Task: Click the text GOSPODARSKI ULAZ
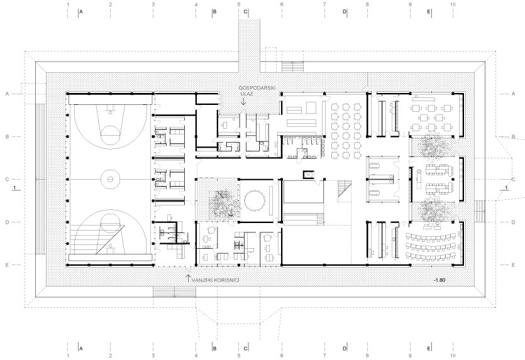click(x=257, y=90)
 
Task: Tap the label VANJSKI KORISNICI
click(x=215, y=280)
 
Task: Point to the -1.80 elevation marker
click(x=439, y=280)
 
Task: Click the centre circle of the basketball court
click(x=110, y=179)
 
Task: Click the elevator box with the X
click(x=307, y=174)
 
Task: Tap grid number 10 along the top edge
click(x=453, y=4)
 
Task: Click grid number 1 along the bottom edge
click(x=68, y=356)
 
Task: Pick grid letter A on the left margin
click(x=7, y=94)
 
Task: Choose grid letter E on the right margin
click(x=513, y=265)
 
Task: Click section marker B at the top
click(x=214, y=12)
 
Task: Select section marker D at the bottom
click(x=345, y=349)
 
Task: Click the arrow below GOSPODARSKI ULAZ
click(x=243, y=101)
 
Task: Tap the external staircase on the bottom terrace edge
click(x=174, y=292)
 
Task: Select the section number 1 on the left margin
click(x=14, y=188)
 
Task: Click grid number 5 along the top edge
click(x=239, y=4)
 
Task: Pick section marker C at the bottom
click(x=245, y=349)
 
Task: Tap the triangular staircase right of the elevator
click(x=343, y=188)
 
